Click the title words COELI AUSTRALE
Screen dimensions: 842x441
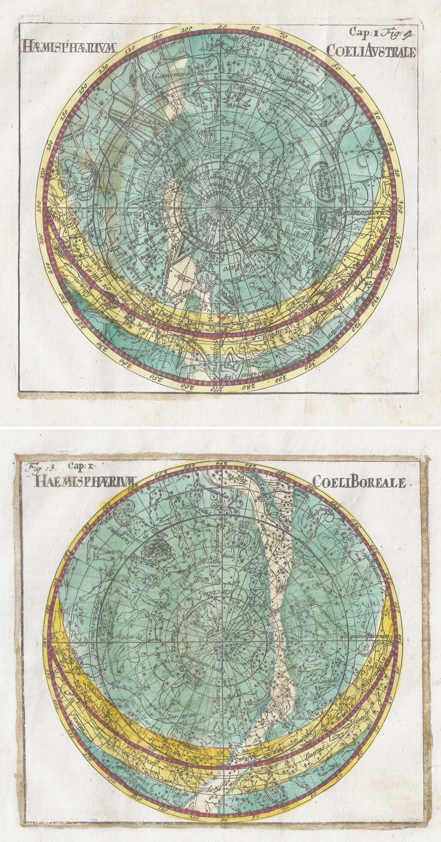pyautogui.click(x=371, y=51)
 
